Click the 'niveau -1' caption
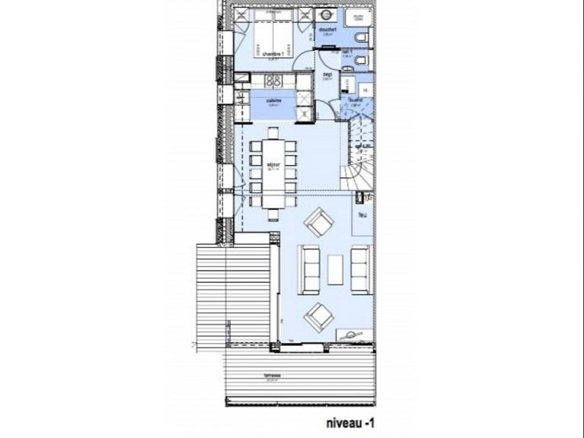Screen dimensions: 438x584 click(349, 419)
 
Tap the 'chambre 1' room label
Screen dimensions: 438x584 click(273, 55)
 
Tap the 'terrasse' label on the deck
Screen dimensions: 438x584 click(273, 375)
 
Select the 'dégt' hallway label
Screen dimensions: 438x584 click(327, 75)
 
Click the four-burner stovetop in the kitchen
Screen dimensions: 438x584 click(273, 82)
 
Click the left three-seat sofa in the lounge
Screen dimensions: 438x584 click(310, 268)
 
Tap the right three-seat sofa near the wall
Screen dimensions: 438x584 click(361, 268)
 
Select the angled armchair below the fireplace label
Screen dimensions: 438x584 click(319, 223)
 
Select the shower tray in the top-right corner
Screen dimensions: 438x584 click(357, 18)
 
